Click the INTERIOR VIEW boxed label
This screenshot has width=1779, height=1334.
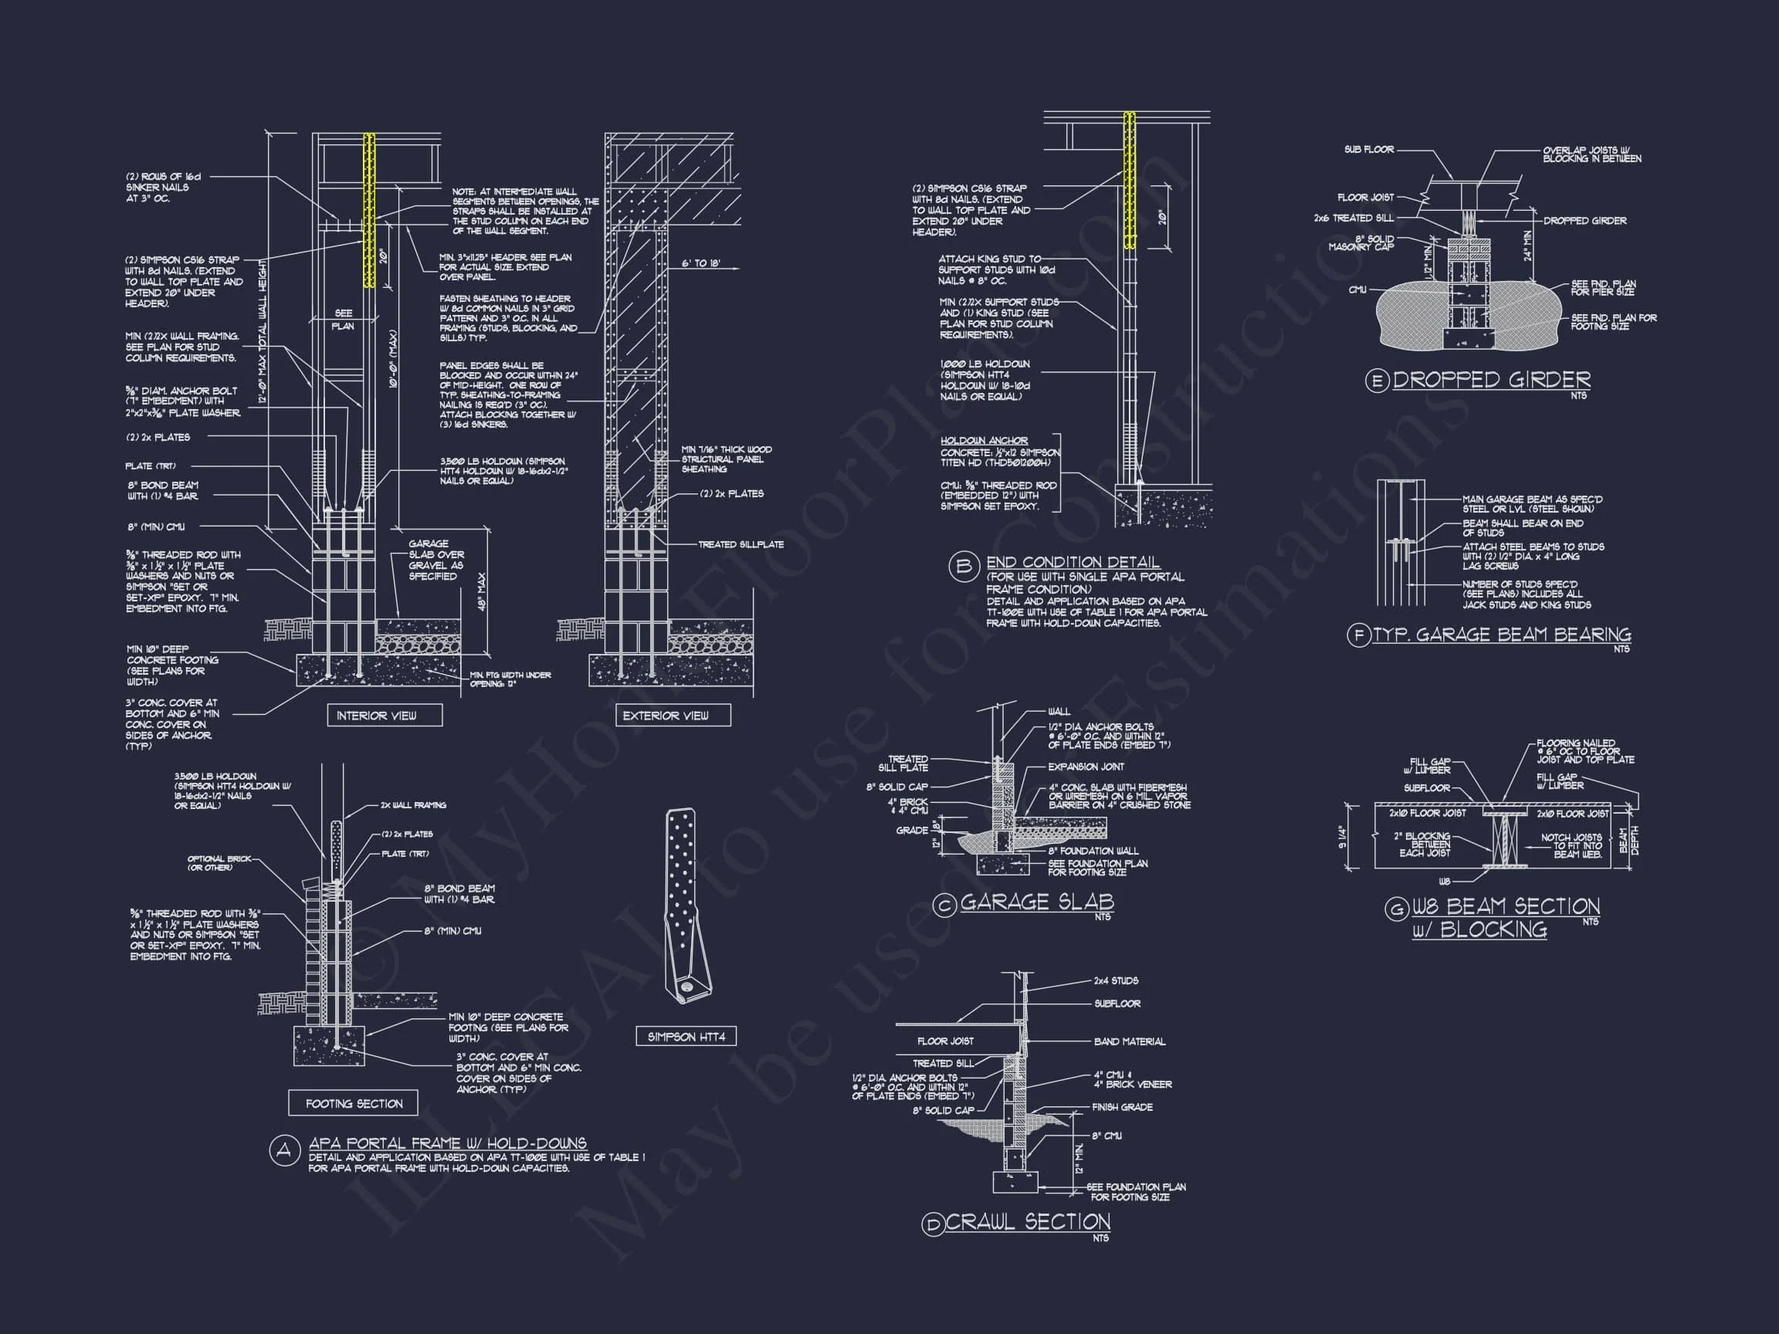coord(375,716)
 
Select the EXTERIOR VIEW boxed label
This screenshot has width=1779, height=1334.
coord(665,716)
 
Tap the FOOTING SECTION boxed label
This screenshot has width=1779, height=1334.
coord(353,1103)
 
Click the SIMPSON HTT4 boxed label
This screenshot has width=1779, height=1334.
coord(686,1037)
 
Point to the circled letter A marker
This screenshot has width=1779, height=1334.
coord(283,1152)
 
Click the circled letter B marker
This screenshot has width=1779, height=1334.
coord(963,567)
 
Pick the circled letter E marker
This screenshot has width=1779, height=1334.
coord(1377,381)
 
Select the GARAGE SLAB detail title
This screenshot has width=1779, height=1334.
coord(1037,902)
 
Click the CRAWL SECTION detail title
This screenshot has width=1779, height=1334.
coord(1028,1222)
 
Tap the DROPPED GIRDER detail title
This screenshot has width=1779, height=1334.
coord(1491,380)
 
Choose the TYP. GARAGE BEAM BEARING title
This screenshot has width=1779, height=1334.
coord(1501,635)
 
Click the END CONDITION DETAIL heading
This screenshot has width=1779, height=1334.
coord(1072,562)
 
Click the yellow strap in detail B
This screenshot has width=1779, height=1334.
coord(1129,180)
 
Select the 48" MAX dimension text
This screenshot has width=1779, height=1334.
coord(482,591)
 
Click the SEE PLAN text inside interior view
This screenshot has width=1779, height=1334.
coord(343,320)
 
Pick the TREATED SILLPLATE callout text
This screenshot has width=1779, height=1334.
coord(740,544)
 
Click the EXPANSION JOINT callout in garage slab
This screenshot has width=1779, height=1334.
coord(1085,767)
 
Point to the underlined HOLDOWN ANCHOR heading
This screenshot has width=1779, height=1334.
coord(984,441)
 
